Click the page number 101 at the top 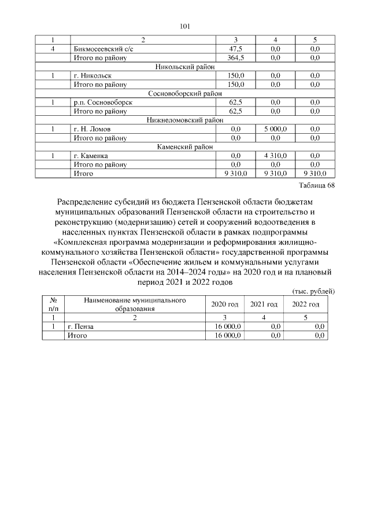(x=185, y=26)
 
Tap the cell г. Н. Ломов (x=89, y=129)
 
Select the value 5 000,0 (x=274, y=129)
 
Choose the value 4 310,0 (x=274, y=155)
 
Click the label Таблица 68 (x=316, y=185)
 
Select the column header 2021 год (x=264, y=305)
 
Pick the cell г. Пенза (x=80, y=327)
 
